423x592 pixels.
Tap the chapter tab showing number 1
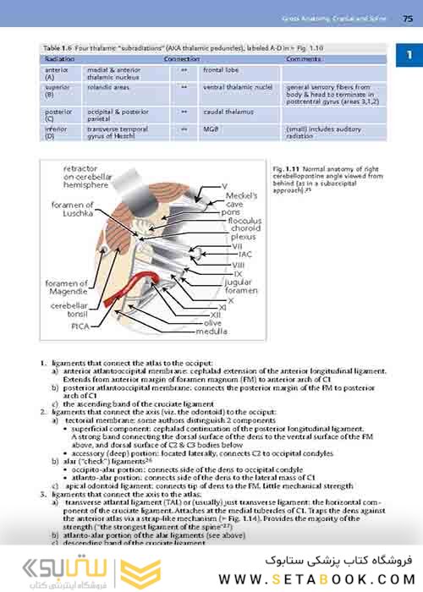click(409, 56)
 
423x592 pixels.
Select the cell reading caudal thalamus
click(224, 111)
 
